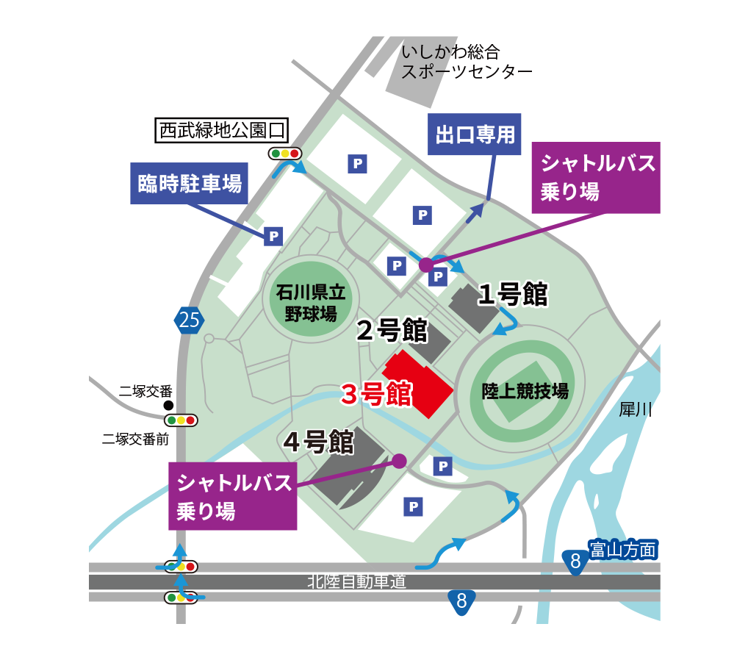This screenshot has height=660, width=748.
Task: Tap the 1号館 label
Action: (x=513, y=294)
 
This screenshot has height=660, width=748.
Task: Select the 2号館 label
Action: (x=392, y=331)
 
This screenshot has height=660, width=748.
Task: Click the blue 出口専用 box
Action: (x=474, y=134)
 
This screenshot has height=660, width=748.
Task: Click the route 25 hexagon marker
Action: (x=188, y=320)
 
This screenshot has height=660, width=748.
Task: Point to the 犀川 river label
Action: (x=636, y=409)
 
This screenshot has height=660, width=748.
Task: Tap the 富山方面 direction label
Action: (x=622, y=548)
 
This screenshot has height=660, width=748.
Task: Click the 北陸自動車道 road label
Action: (x=357, y=582)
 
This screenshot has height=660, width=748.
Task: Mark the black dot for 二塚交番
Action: (x=168, y=405)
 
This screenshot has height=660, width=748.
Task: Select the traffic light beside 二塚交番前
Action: (x=181, y=420)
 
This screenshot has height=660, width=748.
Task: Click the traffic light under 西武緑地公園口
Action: (x=284, y=154)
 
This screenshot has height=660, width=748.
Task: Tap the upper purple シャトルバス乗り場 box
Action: (x=595, y=177)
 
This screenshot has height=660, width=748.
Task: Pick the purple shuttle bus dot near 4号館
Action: (x=399, y=461)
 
